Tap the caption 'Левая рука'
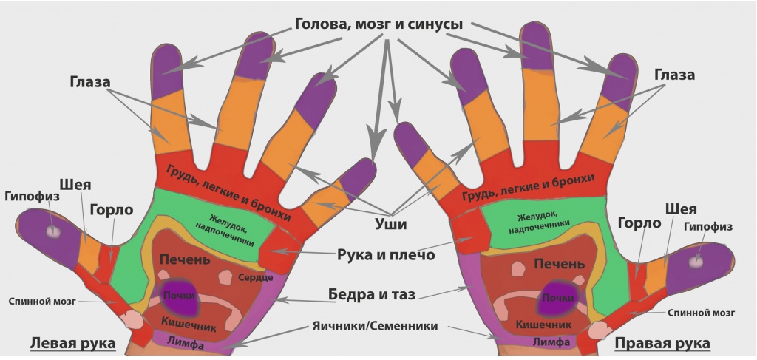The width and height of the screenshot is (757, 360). point(73,344)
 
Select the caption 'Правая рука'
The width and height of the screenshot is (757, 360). point(662,344)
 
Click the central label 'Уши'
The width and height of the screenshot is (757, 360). point(390,224)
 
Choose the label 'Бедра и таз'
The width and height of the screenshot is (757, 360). point(372,294)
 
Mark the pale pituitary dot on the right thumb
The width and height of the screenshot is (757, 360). point(696,262)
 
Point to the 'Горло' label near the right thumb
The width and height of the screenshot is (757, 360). point(639,223)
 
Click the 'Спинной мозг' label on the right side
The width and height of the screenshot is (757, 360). point(702,313)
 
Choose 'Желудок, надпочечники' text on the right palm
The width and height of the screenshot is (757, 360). point(538,222)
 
